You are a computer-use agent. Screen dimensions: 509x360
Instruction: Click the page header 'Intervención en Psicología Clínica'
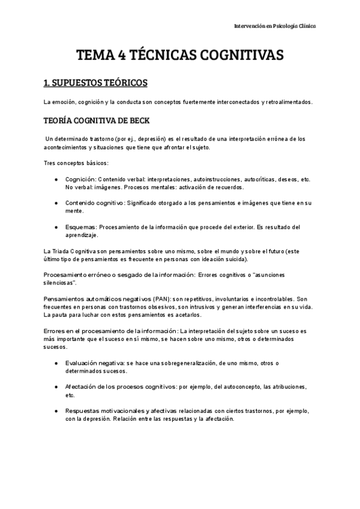275,26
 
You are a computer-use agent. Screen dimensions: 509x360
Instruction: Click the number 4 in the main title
122,56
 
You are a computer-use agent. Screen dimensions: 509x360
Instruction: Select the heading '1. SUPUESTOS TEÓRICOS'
92,82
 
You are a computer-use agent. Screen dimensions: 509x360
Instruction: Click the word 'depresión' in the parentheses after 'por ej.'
152,139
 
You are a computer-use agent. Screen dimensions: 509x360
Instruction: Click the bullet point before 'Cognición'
55,180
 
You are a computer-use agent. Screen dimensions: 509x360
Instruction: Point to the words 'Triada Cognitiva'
74,250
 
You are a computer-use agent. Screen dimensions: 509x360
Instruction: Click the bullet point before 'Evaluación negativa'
55,363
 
